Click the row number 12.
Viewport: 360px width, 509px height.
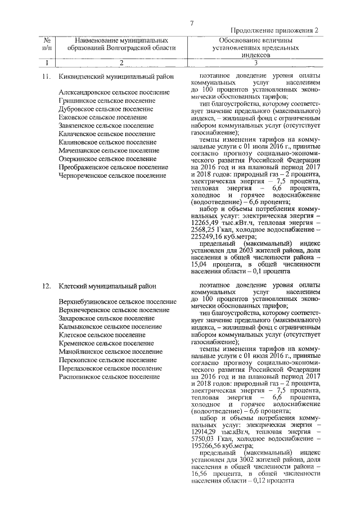click(47, 287)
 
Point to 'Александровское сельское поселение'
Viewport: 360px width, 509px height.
click(114, 92)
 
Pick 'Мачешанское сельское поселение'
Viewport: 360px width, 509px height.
click(108, 151)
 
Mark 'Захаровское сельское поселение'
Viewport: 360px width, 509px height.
click(106, 318)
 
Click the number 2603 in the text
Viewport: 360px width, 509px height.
click(244, 251)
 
